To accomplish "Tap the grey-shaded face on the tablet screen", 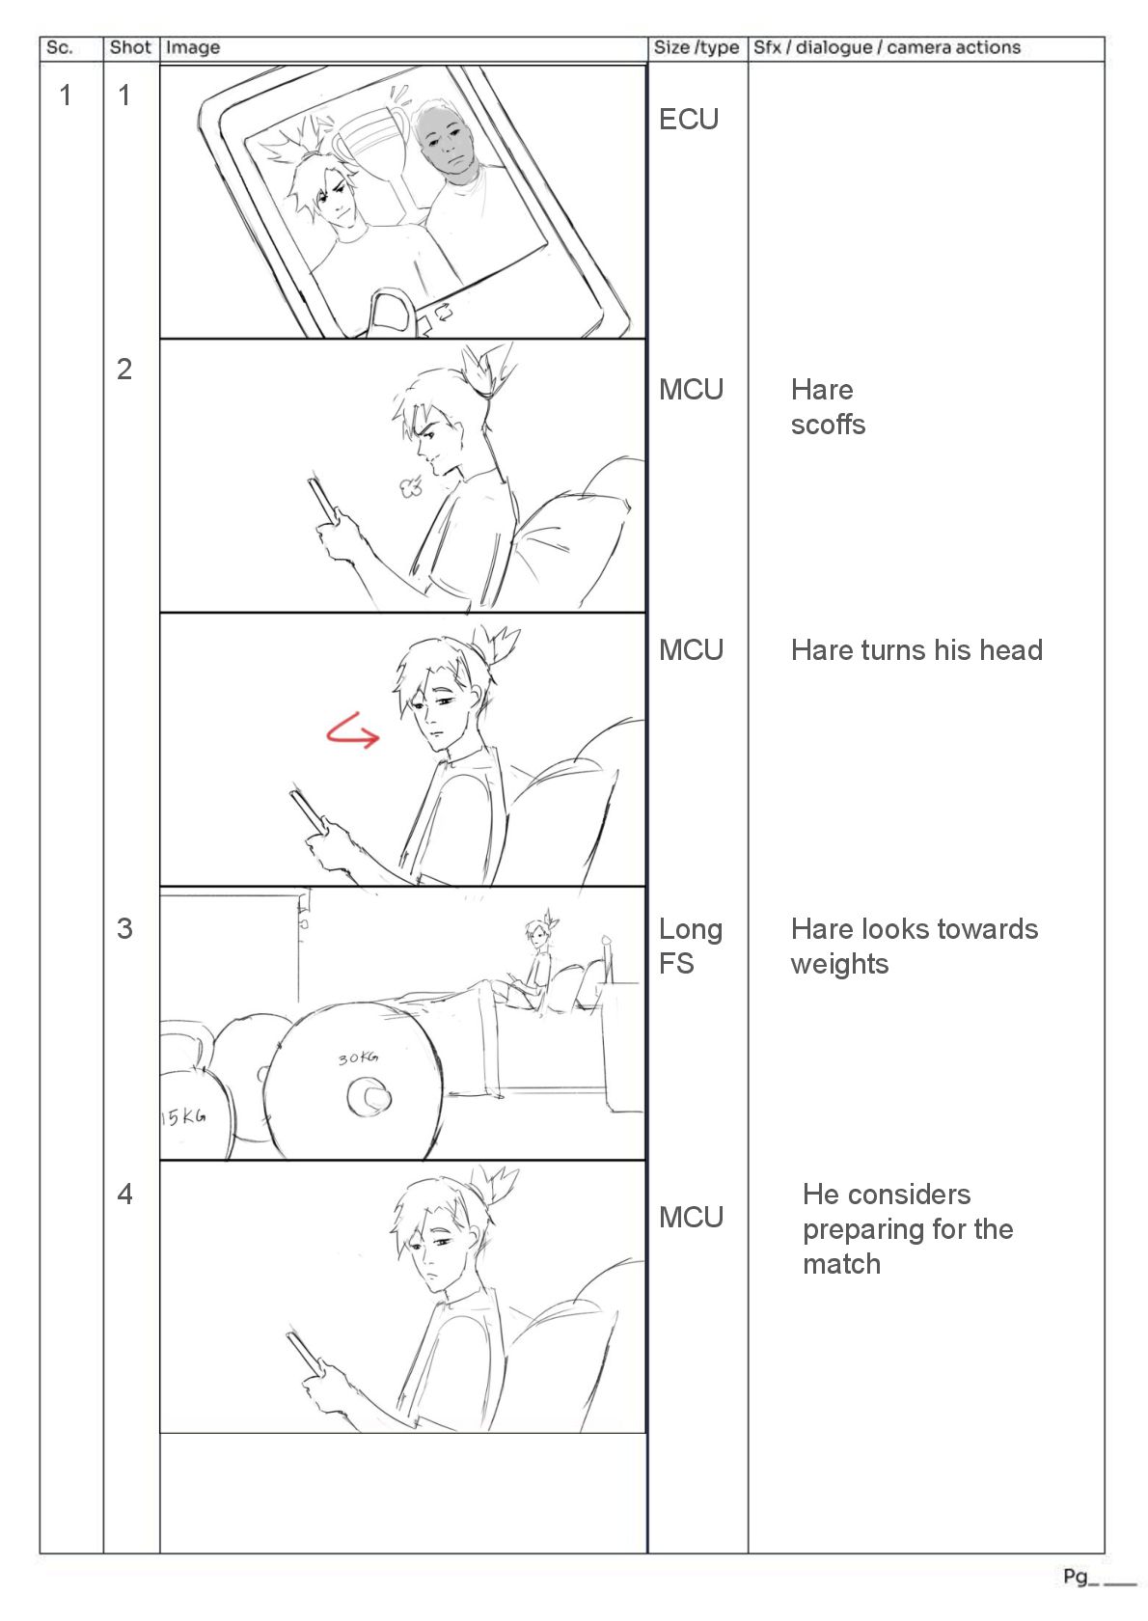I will (447, 144).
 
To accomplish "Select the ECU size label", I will (689, 120).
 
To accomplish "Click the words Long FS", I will (690, 947).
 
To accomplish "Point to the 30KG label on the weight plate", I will (358, 1058).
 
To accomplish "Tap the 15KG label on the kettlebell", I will (183, 1117).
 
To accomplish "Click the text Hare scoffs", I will (828, 407).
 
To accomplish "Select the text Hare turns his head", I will (916, 650).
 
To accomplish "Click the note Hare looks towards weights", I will (914, 947).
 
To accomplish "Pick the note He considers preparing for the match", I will (907, 1229).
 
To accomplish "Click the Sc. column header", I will (60, 47).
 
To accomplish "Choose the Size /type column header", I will (697, 47).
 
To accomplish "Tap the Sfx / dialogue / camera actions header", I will (887, 47).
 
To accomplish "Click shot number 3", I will (124, 929).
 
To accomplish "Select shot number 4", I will (124, 1195).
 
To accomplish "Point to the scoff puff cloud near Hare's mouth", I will (412, 487).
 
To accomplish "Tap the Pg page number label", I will (1076, 1577).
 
